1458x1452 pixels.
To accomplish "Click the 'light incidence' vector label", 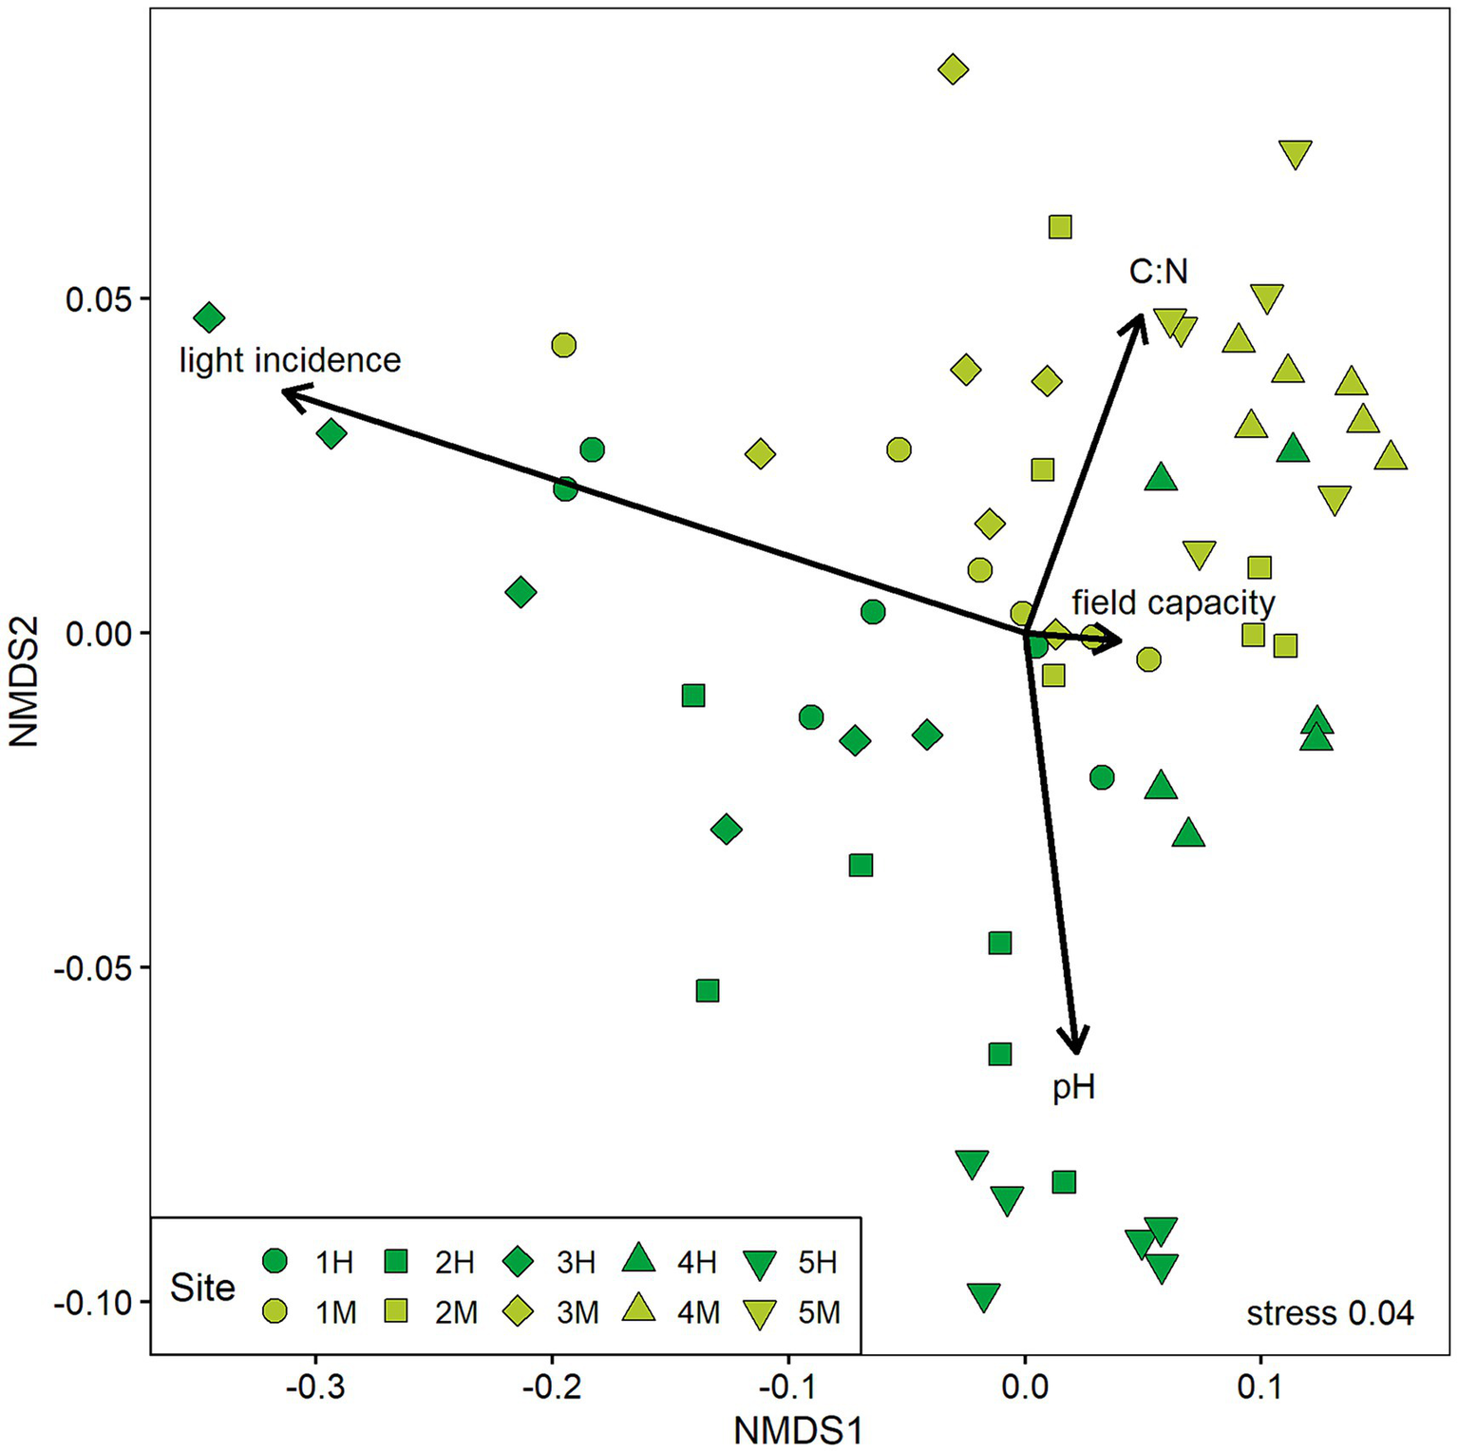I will (x=290, y=361).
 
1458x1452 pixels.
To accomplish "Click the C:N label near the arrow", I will (x=1158, y=273).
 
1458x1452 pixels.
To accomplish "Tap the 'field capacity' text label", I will (x=1173, y=602).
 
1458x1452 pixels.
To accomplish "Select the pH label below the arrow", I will (x=1073, y=1087).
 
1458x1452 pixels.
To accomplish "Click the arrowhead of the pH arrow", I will (x=1075, y=1048).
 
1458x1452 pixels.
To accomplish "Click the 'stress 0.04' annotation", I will (x=1330, y=1313).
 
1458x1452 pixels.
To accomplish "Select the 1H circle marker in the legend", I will (x=275, y=1261).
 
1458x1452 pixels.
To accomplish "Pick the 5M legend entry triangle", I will (x=760, y=1314).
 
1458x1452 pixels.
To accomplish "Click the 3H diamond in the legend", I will (x=518, y=1261).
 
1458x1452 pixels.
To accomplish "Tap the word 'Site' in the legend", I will (x=202, y=1288).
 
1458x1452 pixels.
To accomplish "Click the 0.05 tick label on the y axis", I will (x=95, y=299).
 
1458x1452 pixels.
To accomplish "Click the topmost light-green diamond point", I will (x=953, y=68).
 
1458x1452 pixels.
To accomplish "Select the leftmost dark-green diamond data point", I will (x=209, y=317).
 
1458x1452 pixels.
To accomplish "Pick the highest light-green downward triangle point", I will (x=1296, y=153).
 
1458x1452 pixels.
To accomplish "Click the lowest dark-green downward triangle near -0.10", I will (x=984, y=1295).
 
